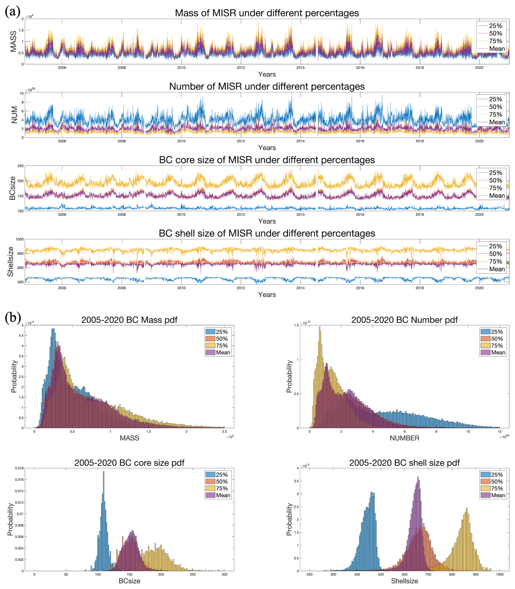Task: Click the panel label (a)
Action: point(13,12)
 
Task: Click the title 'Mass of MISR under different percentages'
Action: point(267,13)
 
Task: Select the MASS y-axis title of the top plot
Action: point(13,41)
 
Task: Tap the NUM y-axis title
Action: point(14,115)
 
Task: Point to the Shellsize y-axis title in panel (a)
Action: point(11,262)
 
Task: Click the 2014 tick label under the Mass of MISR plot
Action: point(300,68)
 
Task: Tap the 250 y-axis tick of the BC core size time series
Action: point(20,166)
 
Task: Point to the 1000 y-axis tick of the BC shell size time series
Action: point(20,239)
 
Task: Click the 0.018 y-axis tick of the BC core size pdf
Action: point(19,468)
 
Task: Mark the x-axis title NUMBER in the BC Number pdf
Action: point(404,438)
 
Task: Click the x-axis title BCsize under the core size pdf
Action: point(129,581)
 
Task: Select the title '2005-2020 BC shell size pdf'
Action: point(404,463)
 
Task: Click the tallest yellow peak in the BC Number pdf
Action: point(320,327)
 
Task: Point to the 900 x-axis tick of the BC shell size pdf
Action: point(476,574)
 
